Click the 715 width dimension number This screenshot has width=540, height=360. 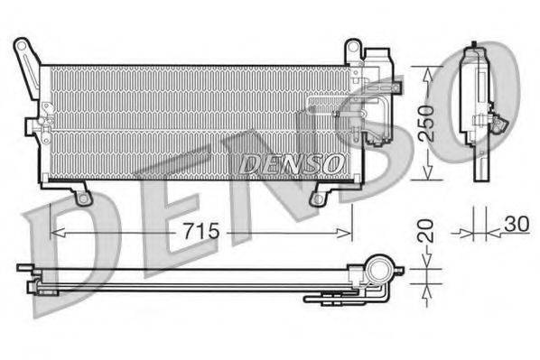pyautogui.click(x=201, y=231)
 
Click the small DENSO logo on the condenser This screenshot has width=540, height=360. pyautogui.click(x=291, y=162)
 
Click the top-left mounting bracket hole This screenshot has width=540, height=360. pyautogui.click(x=22, y=46)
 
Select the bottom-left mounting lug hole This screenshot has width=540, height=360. pyautogui.click(x=83, y=195)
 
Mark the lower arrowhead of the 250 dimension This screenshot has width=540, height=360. pyautogui.click(x=429, y=179)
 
